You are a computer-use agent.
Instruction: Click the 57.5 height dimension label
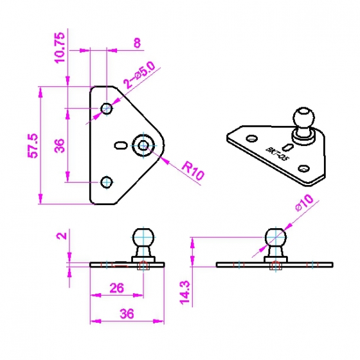coord(33,145)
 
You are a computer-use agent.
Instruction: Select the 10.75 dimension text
coord(59,48)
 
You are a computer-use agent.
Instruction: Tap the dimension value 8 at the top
coord(137,43)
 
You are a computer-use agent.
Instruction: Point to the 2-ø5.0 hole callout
coord(139,75)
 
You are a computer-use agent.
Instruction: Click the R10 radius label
coord(193,171)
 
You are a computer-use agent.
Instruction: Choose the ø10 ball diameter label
coord(305,203)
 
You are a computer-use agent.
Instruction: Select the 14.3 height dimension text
coord(185,292)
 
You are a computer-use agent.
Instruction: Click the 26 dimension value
coord(116,288)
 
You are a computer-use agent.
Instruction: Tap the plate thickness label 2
coord(62,235)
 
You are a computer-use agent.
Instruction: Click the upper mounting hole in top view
coord(107,108)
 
